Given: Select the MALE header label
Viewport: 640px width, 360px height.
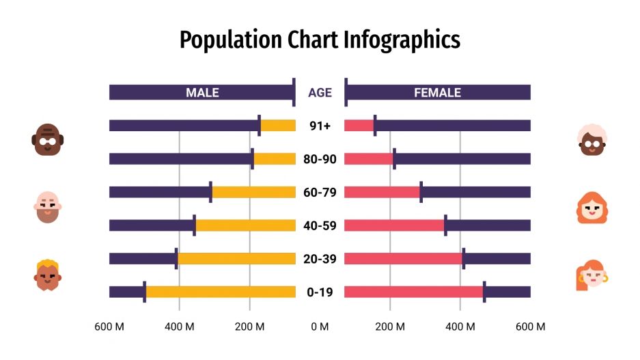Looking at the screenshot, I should point(202,92).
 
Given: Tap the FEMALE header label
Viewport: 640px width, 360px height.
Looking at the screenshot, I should point(437,92).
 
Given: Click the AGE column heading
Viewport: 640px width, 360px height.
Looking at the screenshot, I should point(320,92).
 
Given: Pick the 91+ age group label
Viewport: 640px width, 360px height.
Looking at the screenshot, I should point(320,126).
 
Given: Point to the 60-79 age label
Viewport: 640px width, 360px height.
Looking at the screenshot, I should point(320,193).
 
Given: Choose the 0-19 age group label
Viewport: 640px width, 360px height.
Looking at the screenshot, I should point(320,292).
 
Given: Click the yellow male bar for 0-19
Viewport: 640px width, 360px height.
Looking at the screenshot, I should point(220,292).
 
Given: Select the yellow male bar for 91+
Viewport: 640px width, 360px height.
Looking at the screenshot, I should point(278,126).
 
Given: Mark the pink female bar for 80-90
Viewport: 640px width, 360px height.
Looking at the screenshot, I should point(368,159).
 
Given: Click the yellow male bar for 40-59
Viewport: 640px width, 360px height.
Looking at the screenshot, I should point(245,225).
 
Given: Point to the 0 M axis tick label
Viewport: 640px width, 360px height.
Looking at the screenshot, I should point(320,327).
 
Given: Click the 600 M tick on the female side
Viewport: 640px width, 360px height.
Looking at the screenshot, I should point(531,327).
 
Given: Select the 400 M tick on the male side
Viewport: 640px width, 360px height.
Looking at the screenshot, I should point(179,327).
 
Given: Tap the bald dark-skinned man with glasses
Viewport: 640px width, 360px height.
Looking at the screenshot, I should point(47,139).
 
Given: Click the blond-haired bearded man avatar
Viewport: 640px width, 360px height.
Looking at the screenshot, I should point(48,275).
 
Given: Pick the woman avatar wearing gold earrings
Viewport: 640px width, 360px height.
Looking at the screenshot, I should point(592,275).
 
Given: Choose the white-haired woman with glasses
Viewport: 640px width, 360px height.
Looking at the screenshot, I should point(592,140).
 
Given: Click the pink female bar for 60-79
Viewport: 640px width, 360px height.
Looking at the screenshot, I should point(382,193).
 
